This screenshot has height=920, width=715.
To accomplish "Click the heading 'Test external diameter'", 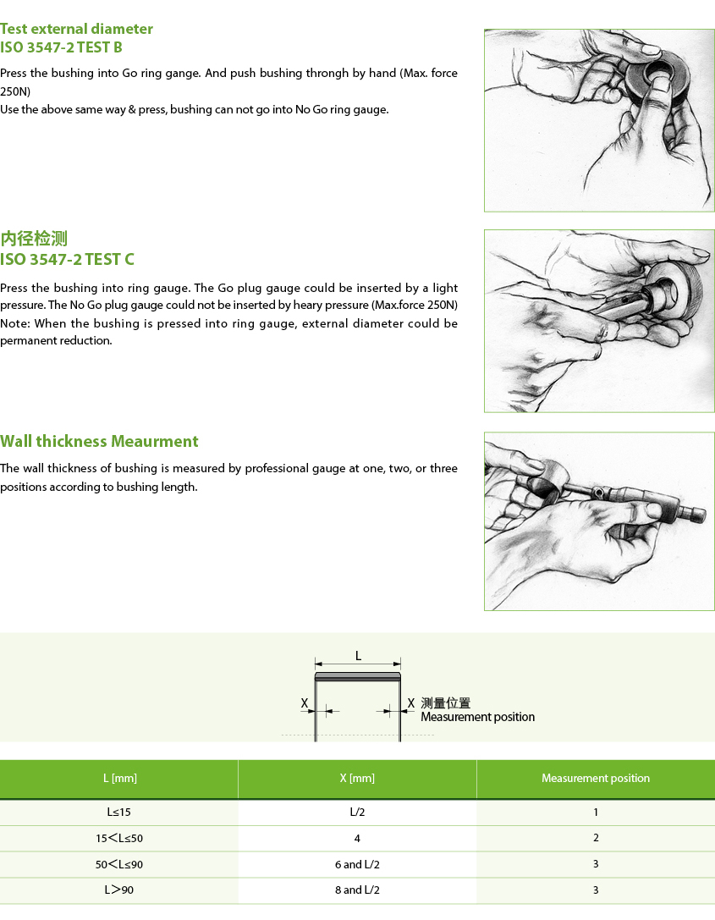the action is tap(76, 29).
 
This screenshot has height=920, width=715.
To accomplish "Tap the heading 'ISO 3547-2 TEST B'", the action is tap(61, 47).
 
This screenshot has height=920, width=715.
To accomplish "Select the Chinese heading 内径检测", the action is tap(34, 239).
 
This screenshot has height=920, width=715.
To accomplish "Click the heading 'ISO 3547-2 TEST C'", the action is tap(67, 259).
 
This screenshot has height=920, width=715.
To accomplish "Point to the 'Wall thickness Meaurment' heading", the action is tap(99, 441).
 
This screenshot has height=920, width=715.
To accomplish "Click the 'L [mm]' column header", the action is tap(119, 778).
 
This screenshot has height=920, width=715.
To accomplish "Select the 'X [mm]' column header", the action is tap(357, 778).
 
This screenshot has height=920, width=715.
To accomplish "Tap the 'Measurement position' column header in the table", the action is tap(596, 778).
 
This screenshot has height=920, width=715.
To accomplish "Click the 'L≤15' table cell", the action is tap(119, 812).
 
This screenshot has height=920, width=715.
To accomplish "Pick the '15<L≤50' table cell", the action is tap(119, 838).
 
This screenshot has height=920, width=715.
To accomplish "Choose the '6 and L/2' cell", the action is tap(357, 864).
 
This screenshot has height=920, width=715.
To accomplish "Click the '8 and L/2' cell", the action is tap(357, 890).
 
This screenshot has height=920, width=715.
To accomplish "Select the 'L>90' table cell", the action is tap(119, 890).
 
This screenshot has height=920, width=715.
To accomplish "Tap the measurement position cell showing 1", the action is tap(596, 812).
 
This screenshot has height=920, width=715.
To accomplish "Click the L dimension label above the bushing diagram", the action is tap(359, 656).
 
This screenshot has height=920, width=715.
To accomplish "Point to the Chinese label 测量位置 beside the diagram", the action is tap(446, 703).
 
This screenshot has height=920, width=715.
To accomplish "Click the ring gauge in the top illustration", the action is tap(657, 76).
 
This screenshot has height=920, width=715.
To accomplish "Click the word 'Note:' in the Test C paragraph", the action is tap(15, 323).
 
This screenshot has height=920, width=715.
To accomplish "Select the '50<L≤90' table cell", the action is tap(119, 864).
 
